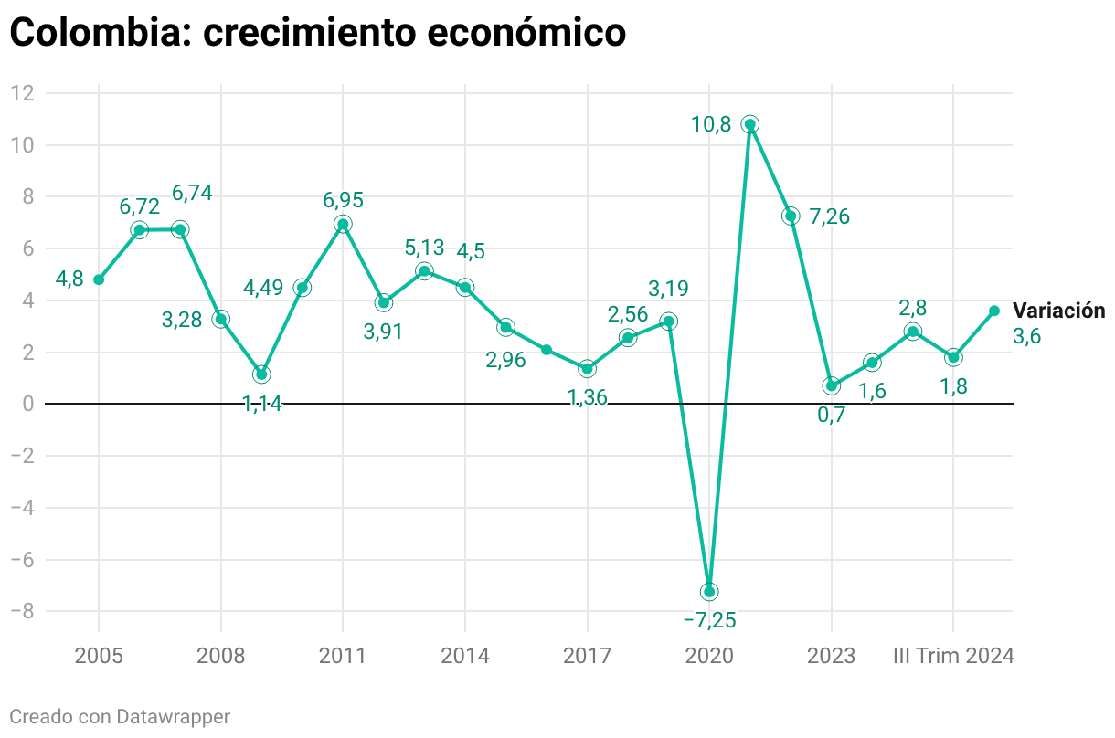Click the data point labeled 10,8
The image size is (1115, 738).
[x=749, y=124]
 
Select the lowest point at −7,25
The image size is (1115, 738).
[x=709, y=592]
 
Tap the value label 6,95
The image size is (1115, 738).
[x=343, y=199]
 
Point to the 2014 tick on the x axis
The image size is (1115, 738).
[x=464, y=656]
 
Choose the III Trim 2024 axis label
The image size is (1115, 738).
[x=953, y=656]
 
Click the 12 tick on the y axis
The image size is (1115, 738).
[x=23, y=93]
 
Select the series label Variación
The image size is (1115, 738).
[x=1058, y=311]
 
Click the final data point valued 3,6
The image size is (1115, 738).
[x=994, y=311]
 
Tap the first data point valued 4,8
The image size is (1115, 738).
[x=99, y=279]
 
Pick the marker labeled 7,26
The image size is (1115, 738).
[x=791, y=216]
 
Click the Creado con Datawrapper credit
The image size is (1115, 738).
[x=120, y=716]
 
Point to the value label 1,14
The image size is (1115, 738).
[x=262, y=404]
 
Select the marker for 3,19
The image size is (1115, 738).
[x=668, y=322]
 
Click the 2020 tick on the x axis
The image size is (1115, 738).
[x=709, y=656]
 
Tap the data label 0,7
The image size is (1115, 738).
[x=831, y=414]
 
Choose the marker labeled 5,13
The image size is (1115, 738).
[x=424, y=271]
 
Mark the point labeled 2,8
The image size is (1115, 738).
[x=913, y=332]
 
